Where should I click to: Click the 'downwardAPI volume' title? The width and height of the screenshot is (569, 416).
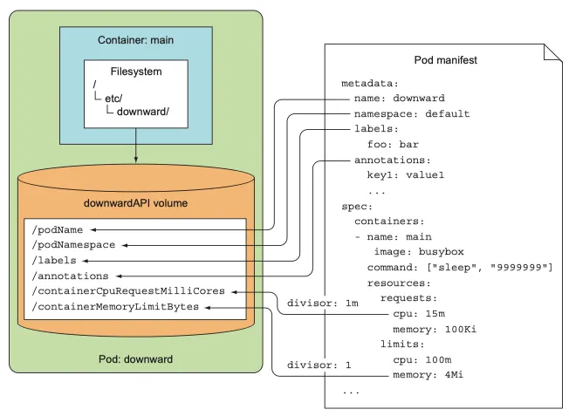135,203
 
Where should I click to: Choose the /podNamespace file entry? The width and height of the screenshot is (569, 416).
72,245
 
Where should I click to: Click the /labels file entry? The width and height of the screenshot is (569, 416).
53,260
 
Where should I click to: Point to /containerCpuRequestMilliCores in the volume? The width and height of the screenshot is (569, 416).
127,291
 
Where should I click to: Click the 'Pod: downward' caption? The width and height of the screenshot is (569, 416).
135,358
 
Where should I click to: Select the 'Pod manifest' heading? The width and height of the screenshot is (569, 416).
445,60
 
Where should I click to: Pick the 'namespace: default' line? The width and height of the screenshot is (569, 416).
412,113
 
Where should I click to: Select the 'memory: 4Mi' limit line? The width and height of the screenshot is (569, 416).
428,376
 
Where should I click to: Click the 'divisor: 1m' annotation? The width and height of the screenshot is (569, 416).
309,303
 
